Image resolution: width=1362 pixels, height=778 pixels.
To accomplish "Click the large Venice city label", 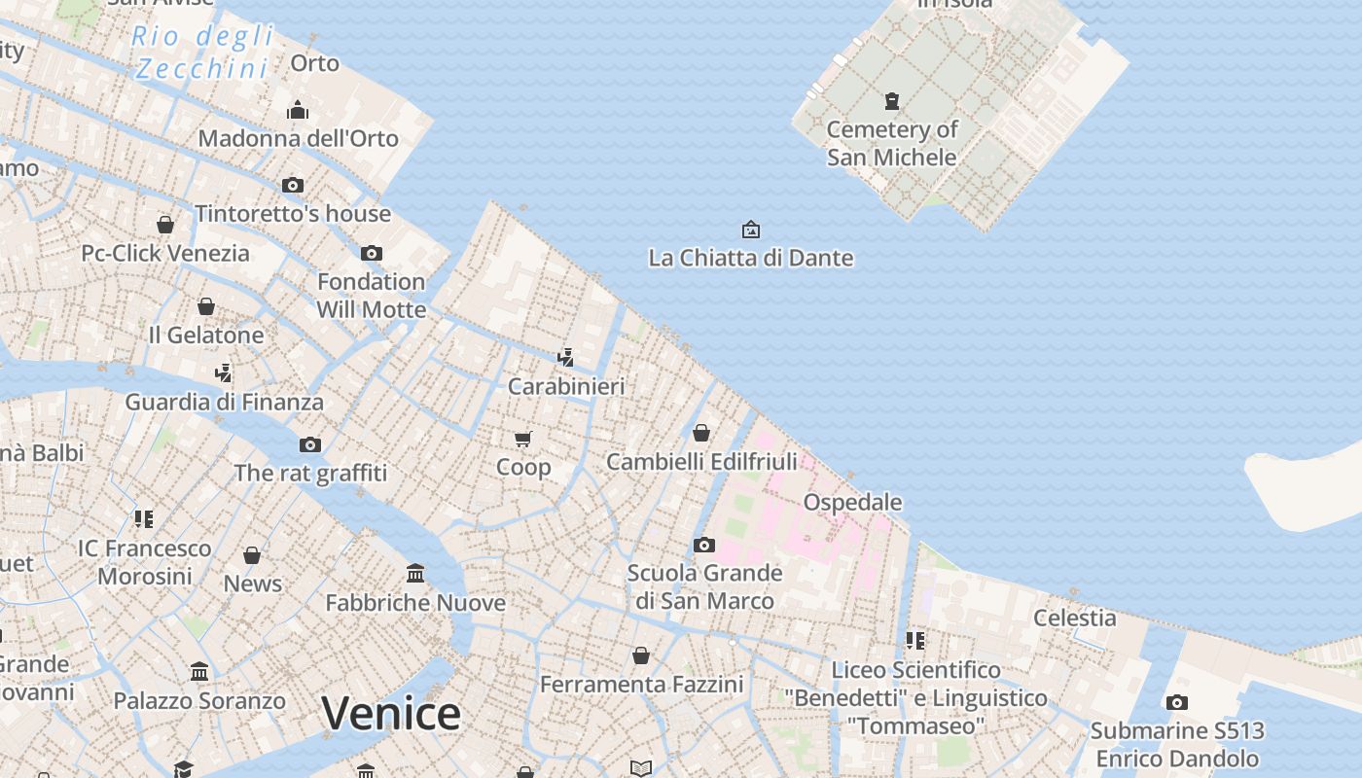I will tap(391, 714).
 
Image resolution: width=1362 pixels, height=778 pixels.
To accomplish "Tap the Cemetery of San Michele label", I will tap(892, 143).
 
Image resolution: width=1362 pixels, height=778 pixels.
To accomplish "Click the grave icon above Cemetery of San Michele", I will tap(892, 100).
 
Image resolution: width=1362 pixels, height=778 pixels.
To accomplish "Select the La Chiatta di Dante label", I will tap(751, 258).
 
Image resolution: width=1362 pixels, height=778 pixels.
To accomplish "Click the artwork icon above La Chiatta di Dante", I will tap(751, 230).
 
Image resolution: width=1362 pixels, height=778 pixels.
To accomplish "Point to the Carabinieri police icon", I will tap(566, 357).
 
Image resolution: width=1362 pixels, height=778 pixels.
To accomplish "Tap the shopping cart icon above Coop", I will tap(523, 439).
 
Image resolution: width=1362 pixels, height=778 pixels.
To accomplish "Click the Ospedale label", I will tap(852, 502).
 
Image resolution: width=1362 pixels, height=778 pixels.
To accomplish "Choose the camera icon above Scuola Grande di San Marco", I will tap(704, 545).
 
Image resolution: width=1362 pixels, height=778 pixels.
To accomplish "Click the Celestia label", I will tap(1075, 618).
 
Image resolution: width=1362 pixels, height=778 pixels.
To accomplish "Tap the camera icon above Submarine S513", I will tap(1177, 702).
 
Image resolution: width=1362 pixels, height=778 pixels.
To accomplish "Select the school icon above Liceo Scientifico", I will tap(915, 640).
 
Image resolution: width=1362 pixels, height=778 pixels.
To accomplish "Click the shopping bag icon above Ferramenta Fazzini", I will tap(641, 655).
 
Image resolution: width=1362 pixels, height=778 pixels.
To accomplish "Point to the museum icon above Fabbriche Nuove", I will tap(415, 573).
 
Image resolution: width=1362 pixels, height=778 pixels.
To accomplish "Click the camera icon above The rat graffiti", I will tap(310, 444).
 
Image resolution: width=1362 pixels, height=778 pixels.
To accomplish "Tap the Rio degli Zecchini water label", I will tap(202, 53).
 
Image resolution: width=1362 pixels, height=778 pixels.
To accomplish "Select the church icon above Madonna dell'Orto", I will tap(299, 109).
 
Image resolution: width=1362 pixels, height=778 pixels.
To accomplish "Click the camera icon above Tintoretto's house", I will tap(293, 185).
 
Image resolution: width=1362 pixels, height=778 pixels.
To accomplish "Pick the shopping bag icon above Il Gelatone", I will tap(206, 306).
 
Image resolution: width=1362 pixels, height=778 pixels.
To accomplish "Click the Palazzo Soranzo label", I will tap(199, 700).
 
